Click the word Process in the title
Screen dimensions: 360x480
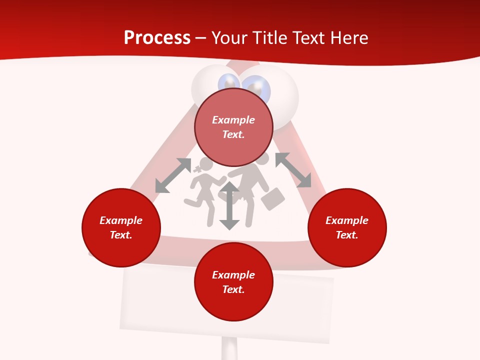pos(157,38)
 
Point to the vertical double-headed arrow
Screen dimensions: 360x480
pos(229,205)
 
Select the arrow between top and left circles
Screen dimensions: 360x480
pos(173,175)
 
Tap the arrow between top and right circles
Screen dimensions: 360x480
pos(293,170)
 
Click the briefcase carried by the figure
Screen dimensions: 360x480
pos(272,198)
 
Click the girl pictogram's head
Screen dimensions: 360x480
pos(204,164)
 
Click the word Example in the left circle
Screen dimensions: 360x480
pos(121,220)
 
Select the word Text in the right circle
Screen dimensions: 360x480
pos(346,235)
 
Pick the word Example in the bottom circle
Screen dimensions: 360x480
pos(233,275)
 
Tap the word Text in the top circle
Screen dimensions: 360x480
pos(233,134)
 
